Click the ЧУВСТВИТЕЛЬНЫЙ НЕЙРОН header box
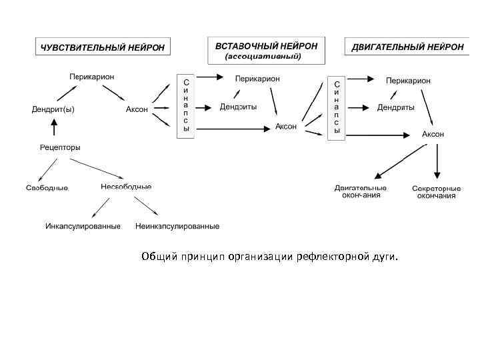point(103,47)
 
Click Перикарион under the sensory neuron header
point(92,77)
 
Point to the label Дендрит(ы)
point(53,109)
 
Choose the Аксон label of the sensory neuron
point(137,109)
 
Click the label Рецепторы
point(60,147)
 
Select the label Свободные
point(47,188)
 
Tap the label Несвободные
point(126,187)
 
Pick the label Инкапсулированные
point(83,226)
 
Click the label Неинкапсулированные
point(177,226)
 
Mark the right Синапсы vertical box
point(337,107)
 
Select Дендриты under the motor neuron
point(395,107)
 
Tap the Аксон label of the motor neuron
point(433,133)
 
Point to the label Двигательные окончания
point(361,191)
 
